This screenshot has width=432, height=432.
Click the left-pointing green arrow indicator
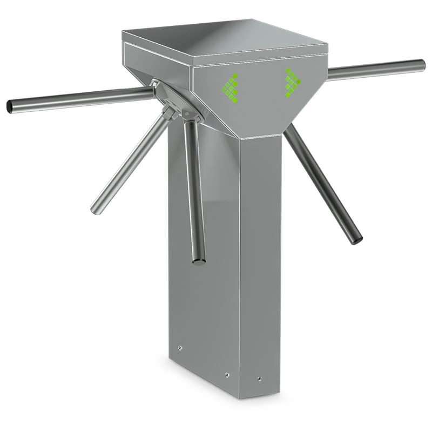(x=231, y=86)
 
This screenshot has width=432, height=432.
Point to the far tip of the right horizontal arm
(x=423, y=64)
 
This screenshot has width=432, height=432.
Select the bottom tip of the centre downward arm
(x=199, y=261)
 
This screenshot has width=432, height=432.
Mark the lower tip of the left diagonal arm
(x=96, y=210)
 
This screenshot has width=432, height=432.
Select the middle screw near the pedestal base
(x=227, y=374)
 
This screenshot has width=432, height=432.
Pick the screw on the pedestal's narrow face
(x=259, y=379)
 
